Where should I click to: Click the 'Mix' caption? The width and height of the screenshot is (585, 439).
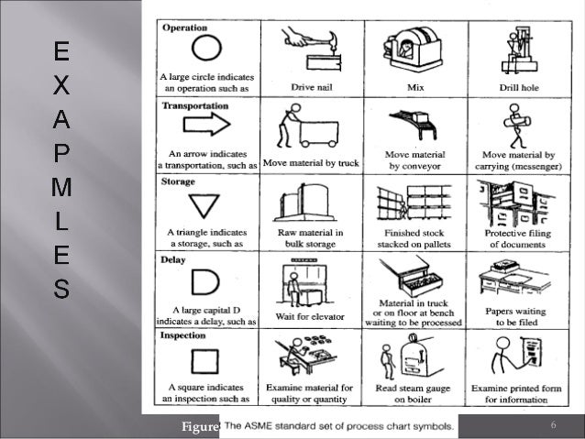coord(415,87)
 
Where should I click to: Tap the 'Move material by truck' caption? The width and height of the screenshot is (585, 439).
coord(312,164)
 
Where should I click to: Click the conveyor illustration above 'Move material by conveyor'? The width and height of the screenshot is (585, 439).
coord(414,124)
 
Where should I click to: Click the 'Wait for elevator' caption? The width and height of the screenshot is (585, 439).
coord(312,317)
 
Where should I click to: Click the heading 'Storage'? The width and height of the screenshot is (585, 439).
coord(179,182)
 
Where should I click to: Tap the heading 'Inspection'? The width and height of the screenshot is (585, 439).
coord(184,335)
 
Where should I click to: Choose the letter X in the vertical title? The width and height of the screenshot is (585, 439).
coord(60,84)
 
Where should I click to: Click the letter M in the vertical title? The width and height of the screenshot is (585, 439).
coord(61,189)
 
